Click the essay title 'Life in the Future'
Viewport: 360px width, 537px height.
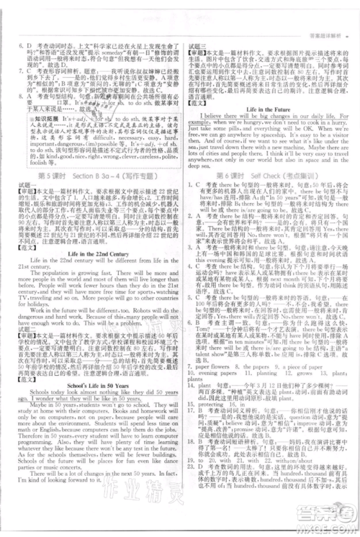point(271,109)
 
